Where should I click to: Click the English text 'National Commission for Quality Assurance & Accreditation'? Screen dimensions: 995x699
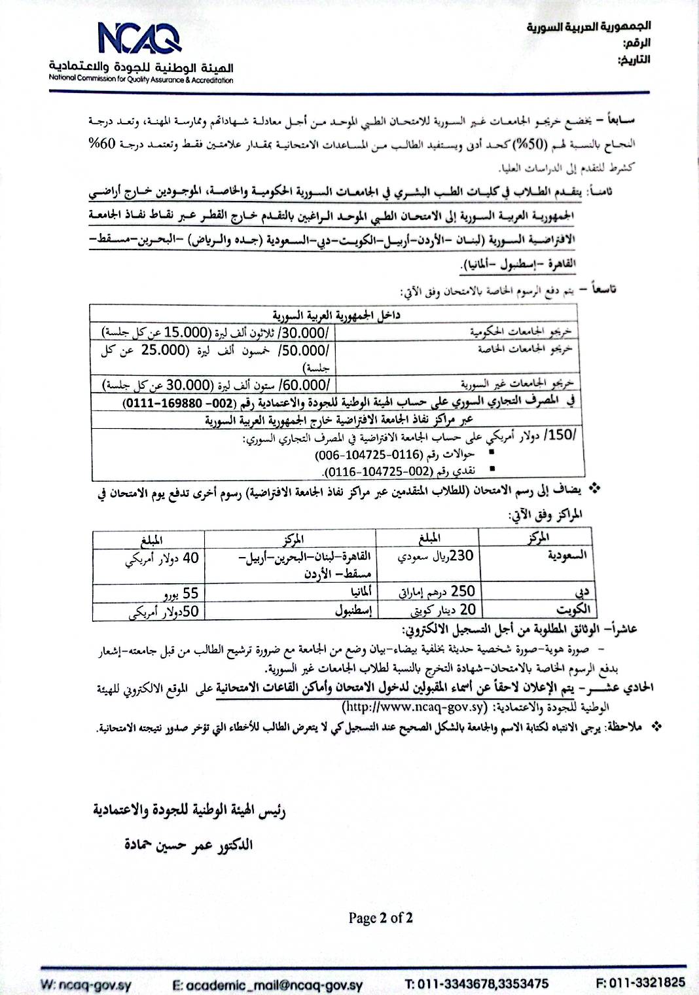pos(141,80)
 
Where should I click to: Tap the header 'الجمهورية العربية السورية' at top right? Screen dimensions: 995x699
pos(588,27)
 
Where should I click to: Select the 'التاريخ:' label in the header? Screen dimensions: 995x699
pos(634,60)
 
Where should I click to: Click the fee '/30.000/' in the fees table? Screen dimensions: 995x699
pos(307,332)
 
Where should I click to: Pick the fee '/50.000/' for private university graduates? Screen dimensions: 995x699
pos(307,350)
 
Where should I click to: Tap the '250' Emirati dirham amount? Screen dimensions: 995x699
pos(462,590)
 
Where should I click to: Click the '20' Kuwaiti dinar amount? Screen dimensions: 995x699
pos(467,609)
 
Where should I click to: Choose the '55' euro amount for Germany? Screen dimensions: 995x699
pos(190,594)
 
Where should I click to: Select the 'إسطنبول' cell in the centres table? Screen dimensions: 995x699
pos(353,611)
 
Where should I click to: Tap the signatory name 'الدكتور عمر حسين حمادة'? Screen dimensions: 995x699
pos(189,844)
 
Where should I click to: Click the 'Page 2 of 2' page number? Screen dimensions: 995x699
pos(380,918)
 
